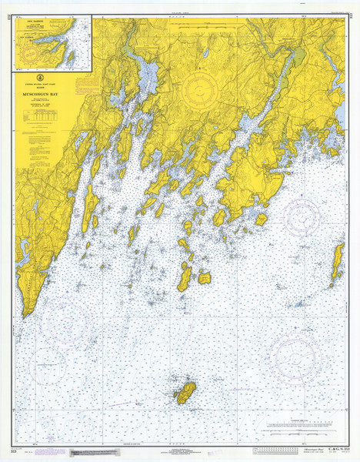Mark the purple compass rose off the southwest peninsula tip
point(68,322)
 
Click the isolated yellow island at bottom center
point(185,392)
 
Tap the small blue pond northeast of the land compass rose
point(205,54)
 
